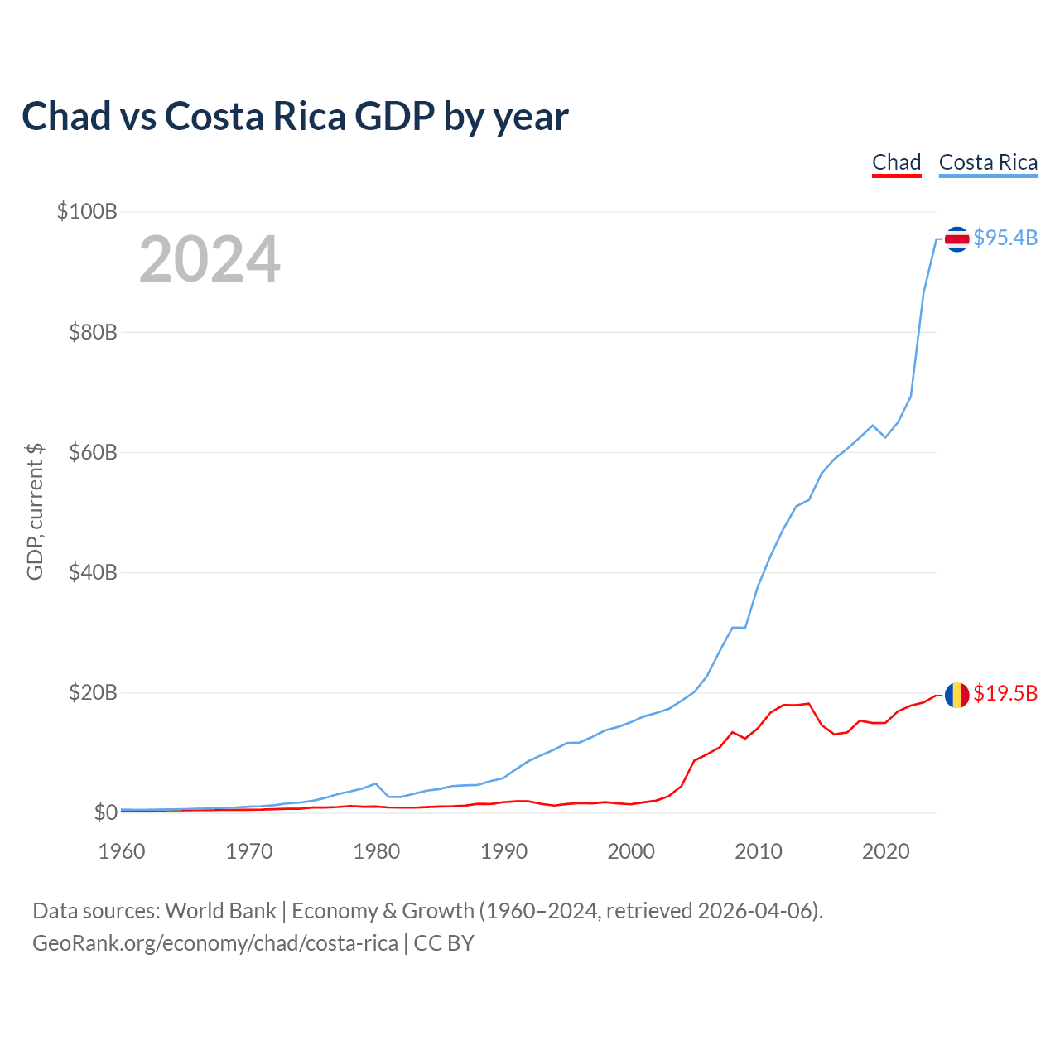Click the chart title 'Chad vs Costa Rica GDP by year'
click(x=295, y=117)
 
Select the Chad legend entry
click(x=896, y=162)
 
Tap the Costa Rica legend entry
click(x=988, y=162)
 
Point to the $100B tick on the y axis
click(x=87, y=211)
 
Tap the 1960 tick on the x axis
click(x=122, y=851)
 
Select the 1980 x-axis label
click(x=377, y=851)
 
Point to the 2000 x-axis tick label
click(x=631, y=851)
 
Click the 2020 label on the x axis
click(x=886, y=851)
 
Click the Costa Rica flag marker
click(x=956, y=239)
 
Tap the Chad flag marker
click(x=956, y=695)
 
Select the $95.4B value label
click(x=1005, y=238)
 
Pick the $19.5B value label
click(x=1005, y=693)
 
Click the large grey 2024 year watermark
click(x=210, y=260)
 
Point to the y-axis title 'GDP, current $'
click(x=35, y=511)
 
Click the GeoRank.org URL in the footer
click(x=215, y=943)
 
